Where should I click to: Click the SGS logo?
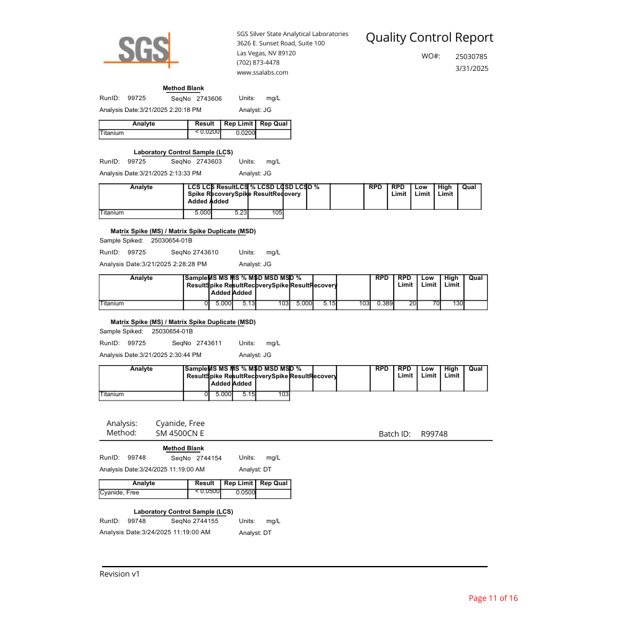click(141, 49)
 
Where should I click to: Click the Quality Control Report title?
click(429, 37)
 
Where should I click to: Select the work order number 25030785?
click(471, 57)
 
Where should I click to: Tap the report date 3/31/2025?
click(472, 68)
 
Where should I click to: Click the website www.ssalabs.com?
click(262, 72)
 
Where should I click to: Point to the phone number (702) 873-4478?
click(258, 62)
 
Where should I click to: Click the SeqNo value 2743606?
click(209, 99)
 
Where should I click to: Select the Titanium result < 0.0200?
click(207, 132)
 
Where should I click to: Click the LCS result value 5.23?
click(240, 213)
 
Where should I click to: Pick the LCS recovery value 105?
click(277, 213)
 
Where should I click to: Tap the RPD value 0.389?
click(384, 304)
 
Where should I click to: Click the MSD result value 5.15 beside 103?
click(330, 304)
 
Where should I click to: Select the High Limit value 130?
click(457, 304)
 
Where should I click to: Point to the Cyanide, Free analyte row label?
click(119, 493)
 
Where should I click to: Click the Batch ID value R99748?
click(434, 434)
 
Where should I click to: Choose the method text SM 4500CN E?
click(180, 433)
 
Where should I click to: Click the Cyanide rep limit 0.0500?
click(246, 493)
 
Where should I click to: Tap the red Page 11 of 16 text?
click(493, 598)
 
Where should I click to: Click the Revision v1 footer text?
click(119, 574)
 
